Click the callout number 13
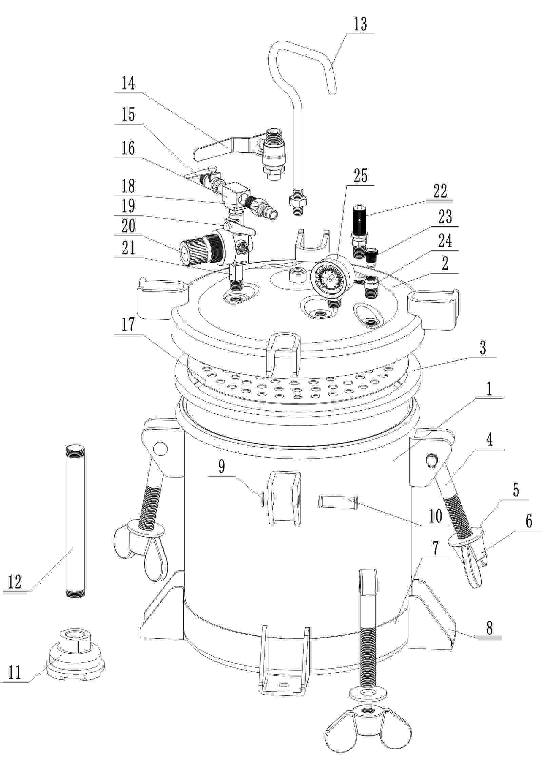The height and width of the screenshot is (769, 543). coord(360,24)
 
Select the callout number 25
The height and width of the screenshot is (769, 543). coord(360,176)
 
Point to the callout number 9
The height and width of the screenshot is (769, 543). coord(221,467)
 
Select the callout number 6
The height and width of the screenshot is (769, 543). coord(529,521)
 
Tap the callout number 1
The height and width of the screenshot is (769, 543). coord(489,390)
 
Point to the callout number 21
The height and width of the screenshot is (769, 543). coord(128,248)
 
